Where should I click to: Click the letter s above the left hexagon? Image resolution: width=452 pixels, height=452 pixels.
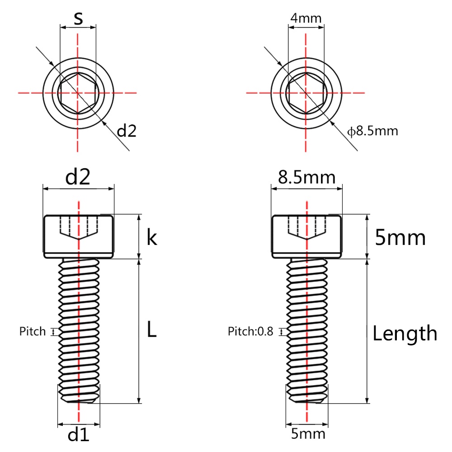(x=78, y=19)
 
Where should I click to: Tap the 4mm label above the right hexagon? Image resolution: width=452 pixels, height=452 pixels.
(x=306, y=18)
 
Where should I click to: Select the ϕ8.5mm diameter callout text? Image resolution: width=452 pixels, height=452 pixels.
(x=372, y=131)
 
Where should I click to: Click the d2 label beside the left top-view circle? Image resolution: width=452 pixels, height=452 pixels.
(x=127, y=131)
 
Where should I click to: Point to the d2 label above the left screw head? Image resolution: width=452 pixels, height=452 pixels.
(x=78, y=177)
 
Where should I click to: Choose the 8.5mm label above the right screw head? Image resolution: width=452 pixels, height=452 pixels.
(x=307, y=177)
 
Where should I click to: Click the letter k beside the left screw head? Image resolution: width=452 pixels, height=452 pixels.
(x=152, y=238)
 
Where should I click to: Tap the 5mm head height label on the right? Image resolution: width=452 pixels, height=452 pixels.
(x=400, y=238)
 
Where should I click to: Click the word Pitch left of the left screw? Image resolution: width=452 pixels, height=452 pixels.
(x=33, y=331)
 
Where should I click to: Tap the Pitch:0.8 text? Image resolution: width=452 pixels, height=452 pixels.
(x=250, y=331)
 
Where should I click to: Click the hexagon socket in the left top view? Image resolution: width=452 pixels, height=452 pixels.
(x=77, y=93)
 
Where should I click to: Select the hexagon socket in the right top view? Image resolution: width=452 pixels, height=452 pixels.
(x=306, y=93)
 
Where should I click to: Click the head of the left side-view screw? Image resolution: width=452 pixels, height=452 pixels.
(x=78, y=236)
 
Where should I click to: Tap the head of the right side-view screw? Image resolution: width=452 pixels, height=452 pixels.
(x=307, y=236)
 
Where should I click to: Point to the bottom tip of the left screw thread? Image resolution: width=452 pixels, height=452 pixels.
(x=79, y=402)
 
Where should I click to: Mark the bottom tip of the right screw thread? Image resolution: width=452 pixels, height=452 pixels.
(x=307, y=402)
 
